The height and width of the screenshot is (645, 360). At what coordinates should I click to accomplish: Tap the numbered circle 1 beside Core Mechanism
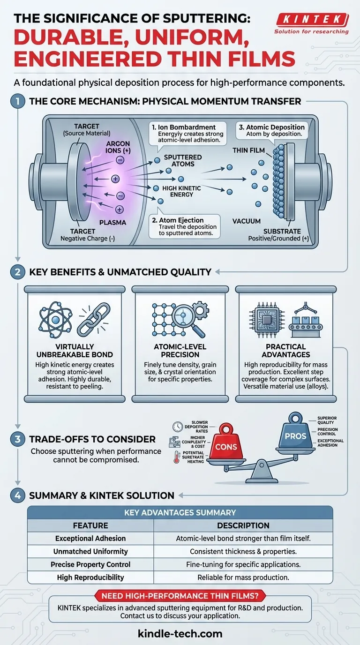point(18,101)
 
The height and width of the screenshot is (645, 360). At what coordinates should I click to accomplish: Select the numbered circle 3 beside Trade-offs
point(18,439)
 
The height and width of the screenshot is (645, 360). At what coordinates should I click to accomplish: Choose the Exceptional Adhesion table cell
point(90,539)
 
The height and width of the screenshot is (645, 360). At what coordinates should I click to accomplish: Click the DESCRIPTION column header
point(243,525)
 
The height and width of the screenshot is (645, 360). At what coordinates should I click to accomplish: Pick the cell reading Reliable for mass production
point(243,577)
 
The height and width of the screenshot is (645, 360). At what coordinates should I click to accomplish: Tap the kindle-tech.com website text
point(180,634)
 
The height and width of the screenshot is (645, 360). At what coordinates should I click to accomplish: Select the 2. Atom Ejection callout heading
point(177,220)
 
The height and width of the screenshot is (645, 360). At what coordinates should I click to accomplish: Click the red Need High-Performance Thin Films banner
point(180,596)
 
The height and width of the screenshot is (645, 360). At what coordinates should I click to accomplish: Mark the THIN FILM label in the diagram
point(248,150)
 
